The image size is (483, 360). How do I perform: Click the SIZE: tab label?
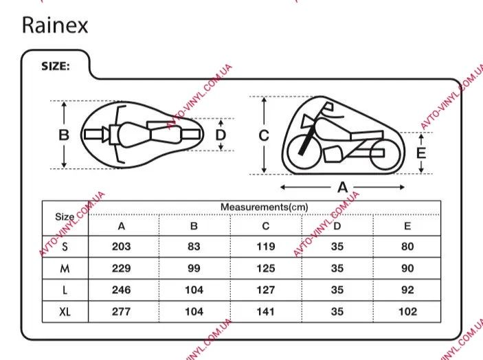pos(56,67)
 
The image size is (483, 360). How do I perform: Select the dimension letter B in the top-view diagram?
pos(64,135)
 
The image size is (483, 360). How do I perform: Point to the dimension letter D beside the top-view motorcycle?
pos(221,135)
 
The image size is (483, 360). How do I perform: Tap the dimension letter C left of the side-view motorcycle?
pos(263,135)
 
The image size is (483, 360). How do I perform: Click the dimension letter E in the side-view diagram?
pos(421,153)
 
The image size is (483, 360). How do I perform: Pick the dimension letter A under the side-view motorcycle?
pos(341,187)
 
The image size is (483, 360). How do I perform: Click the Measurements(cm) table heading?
pos(264,207)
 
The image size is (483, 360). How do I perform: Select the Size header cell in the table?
pos(65,216)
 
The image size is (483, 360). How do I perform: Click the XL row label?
pos(65,312)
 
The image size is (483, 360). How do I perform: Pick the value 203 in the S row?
pos(122,247)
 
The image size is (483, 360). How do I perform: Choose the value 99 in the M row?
pos(194,269)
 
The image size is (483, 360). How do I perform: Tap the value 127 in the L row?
pos(266,290)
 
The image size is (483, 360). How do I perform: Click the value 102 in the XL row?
pos(407,312)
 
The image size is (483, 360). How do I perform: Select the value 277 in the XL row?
pos(122,312)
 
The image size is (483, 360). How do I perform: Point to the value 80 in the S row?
pos(407,247)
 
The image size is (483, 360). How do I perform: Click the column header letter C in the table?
pos(266,225)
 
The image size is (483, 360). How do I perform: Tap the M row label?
pos(65,269)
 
